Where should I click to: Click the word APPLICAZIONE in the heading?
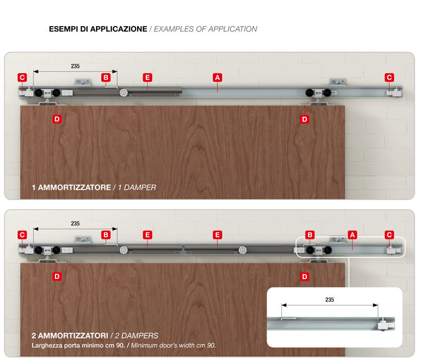coord(118,29)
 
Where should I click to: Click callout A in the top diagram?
coord(217,77)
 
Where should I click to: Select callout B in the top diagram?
coord(106,77)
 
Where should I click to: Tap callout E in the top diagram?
coord(148,77)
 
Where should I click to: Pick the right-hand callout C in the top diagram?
coord(390,77)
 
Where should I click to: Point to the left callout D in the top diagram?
coord(57,119)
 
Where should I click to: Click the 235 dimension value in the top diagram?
coord(75,66)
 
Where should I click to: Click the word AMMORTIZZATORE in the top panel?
coord(74,188)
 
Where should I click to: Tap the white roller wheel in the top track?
coord(124,92)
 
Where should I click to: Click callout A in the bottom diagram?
coord(352,235)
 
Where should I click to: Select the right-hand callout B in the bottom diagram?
coord(310,235)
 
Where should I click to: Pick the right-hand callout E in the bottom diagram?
coord(217,235)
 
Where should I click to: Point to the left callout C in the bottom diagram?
coord(22,235)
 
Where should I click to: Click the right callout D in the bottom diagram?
coord(304,276)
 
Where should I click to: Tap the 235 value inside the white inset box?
coord(329,300)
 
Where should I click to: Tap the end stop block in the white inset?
coord(385,324)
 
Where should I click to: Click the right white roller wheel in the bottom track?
coord(243,250)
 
